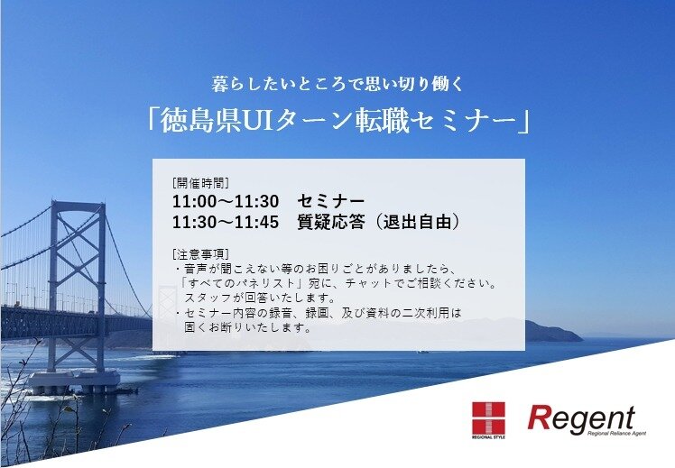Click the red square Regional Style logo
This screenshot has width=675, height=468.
(488, 418)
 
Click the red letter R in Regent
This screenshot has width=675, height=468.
(539, 418)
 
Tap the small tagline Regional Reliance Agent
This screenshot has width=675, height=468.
(616, 433)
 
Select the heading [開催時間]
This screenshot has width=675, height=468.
(200, 183)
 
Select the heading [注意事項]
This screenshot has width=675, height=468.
(200, 253)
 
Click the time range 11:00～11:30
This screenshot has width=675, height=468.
(226, 201)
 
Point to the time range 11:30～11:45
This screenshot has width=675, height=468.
(226, 222)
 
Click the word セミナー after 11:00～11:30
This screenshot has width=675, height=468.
(330, 201)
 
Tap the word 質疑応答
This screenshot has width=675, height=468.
(330, 222)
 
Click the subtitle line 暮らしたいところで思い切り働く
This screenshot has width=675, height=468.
(337, 84)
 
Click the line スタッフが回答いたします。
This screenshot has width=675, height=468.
(260, 298)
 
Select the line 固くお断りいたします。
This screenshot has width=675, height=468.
(247, 327)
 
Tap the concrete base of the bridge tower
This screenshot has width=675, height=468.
(74, 381)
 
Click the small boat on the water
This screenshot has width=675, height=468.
(422, 352)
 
